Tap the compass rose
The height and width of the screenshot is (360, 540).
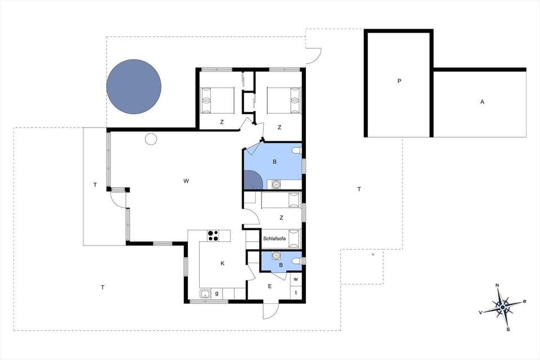pyautogui.click(x=503, y=307)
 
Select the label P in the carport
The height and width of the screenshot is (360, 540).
pyautogui.click(x=399, y=81)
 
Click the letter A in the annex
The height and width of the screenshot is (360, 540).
pyautogui.click(x=482, y=102)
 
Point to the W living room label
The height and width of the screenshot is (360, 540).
pyautogui.click(x=186, y=181)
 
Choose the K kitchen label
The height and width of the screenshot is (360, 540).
pyautogui.click(x=222, y=263)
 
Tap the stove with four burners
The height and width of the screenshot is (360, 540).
pyautogui.click(x=213, y=236)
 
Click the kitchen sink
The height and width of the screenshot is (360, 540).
pyautogui.click(x=205, y=294)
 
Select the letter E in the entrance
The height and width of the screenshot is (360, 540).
pyautogui.click(x=269, y=287)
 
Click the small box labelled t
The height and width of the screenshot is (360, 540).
pyautogui.click(x=296, y=292)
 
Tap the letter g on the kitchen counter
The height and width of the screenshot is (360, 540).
pyautogui.click(x=217, y=294)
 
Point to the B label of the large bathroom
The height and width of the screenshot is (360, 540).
pyautogui.click(x=274, y=162)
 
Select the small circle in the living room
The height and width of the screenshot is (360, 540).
pyautogui.click(x=151, y=139)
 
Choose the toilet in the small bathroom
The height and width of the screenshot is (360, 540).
pyautogui.click(x=296, y=261)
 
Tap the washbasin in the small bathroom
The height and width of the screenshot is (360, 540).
pyautogui.click(x=276, y=255)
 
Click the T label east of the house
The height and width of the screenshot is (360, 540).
pyautogui.click(x=359, y=189)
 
